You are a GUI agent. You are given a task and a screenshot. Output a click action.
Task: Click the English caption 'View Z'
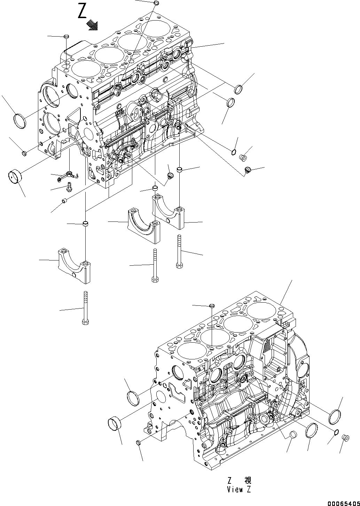pos(238,489)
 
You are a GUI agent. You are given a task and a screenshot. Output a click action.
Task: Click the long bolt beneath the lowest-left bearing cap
pos(86,308)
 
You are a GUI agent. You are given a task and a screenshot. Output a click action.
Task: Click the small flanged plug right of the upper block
pos(242,158)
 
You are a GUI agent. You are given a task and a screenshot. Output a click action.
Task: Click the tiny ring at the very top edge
pos(156,3)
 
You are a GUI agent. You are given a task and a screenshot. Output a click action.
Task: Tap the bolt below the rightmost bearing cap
pos(179,252)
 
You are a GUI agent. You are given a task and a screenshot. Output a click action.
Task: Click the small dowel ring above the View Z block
pos(211,305)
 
